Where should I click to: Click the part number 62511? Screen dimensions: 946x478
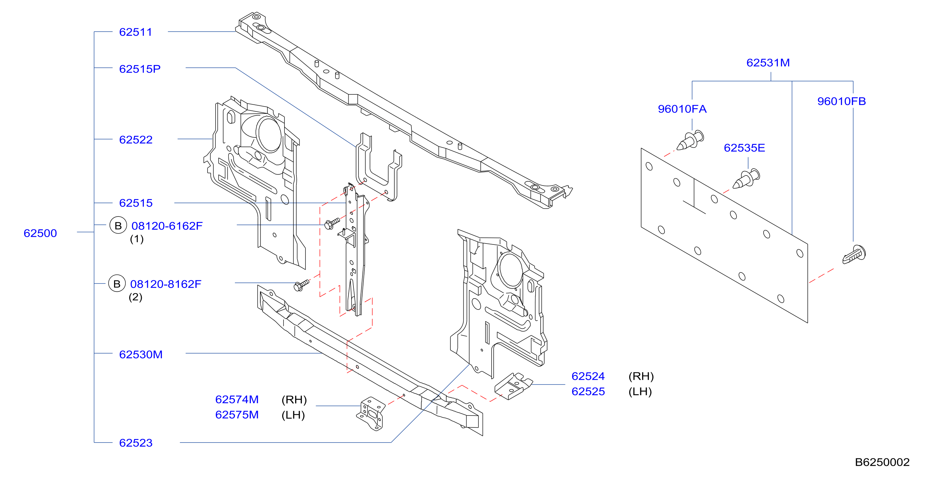coord(136,32)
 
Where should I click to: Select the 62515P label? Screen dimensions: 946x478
coord(140,69)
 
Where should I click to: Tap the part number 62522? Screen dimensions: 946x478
coord(136,140)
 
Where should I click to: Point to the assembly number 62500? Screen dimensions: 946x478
coord(40,233)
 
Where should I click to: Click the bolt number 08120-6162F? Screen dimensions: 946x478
coord(167,226)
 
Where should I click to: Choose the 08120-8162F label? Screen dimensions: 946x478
coord(166,284)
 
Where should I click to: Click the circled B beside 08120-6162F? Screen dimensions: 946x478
coord(118,225)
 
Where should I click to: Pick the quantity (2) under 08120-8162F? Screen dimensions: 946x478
coord(136,297)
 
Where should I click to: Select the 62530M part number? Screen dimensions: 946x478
coord(141,355)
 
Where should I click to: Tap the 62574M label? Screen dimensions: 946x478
coord(237,399)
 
